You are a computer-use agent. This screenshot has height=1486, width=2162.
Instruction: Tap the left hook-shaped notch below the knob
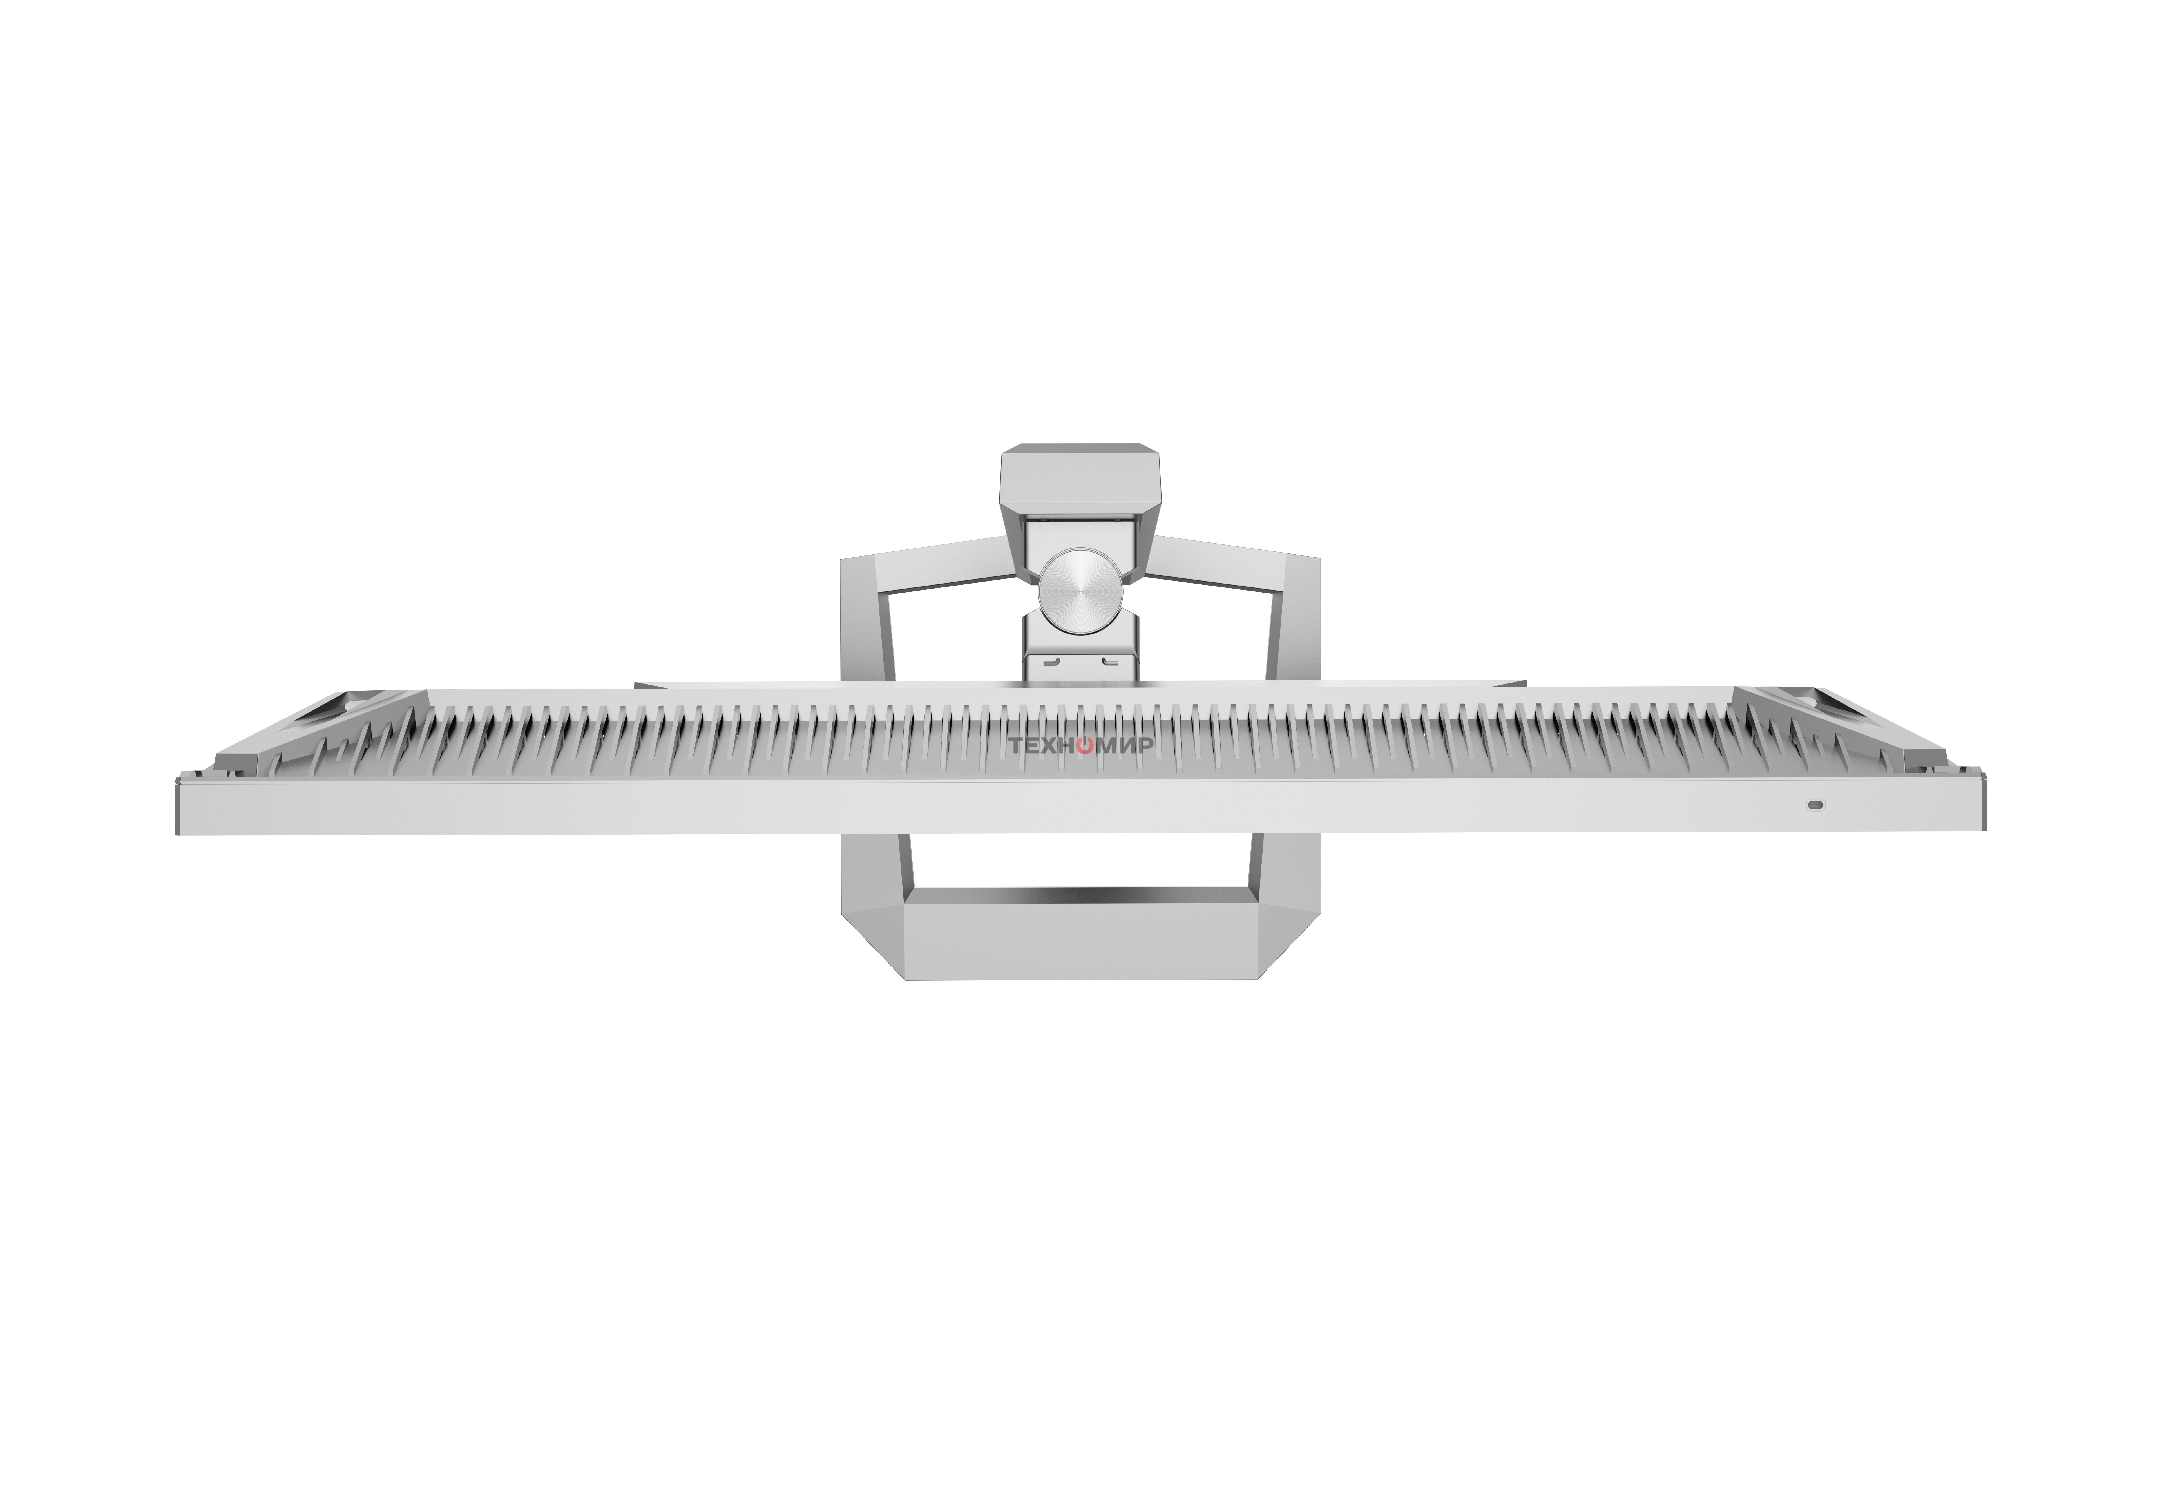click(x=1050, y=662)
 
